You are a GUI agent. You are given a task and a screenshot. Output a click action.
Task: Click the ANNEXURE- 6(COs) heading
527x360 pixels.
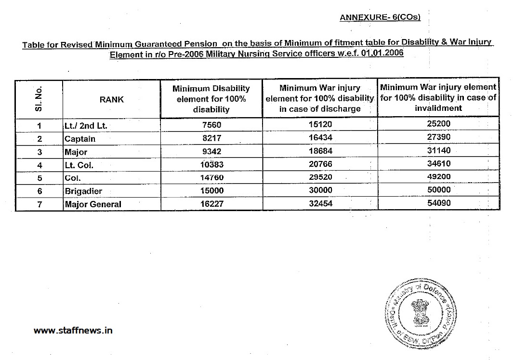(380, 17)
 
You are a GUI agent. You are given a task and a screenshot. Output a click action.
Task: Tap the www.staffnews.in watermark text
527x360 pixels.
(73, 331)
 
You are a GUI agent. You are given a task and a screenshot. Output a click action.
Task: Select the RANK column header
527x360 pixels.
(112, 99)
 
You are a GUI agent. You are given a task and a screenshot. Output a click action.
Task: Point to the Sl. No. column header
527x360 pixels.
(39, 99)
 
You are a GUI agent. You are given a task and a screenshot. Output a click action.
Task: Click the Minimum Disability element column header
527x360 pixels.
(211, 99)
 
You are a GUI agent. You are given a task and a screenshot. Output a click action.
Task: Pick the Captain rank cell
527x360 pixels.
(80, 139)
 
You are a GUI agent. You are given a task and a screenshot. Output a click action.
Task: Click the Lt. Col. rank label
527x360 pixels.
(79, 165)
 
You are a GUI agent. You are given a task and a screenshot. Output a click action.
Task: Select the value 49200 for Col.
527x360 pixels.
(439, 177)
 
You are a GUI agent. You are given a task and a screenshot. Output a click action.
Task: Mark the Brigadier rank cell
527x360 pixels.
(83, 191)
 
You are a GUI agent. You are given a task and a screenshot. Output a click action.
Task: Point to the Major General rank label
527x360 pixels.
(93, 204)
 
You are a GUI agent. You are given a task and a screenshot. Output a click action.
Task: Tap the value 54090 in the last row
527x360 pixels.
(439, 203)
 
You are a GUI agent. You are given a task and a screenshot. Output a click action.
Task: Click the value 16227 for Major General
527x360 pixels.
(211, 204)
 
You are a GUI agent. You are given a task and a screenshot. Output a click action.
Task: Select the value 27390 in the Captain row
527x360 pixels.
(439, 137)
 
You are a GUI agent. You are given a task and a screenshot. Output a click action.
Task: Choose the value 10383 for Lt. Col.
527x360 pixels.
(211, 165)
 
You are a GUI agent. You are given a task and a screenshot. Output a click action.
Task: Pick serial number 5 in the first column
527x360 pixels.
(40, 178)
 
